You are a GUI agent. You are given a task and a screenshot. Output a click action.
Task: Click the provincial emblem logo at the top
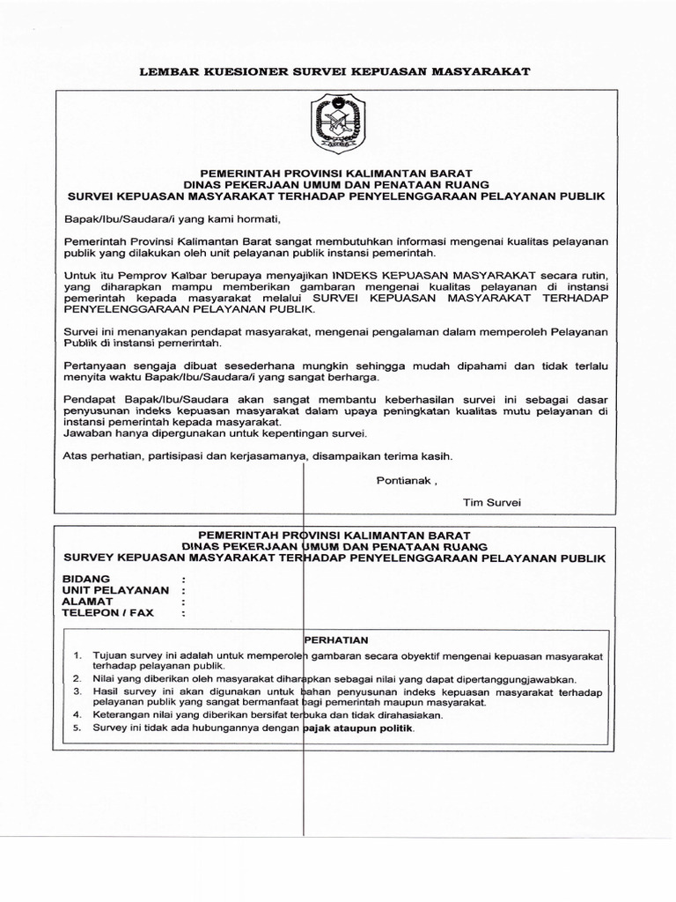point(337,126)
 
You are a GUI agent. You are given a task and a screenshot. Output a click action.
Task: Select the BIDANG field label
point(87,578)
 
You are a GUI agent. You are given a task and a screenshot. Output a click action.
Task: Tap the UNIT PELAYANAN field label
point(114,589)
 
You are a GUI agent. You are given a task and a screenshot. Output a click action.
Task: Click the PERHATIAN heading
point(335,640)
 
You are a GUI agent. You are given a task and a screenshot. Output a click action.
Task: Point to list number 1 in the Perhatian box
point(77,656)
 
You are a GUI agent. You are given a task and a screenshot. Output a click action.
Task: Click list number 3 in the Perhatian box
point(77,693)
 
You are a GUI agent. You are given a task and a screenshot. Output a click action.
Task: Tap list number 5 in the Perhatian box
point(77,729)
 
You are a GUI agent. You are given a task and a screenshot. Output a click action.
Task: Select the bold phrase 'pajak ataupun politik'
point(357,729)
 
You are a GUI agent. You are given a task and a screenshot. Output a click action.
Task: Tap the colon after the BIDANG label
point(183,578)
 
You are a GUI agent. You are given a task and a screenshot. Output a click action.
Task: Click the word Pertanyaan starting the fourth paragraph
point(96,365)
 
